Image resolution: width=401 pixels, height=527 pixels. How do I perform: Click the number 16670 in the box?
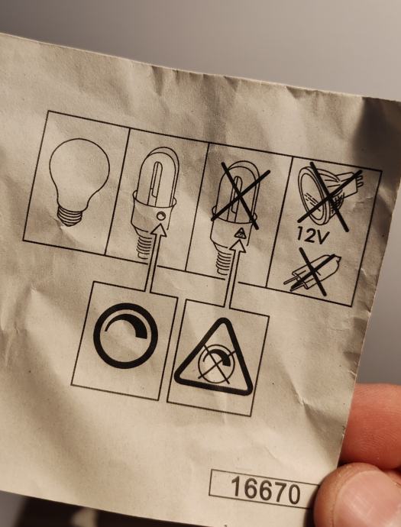(x=266, y=491)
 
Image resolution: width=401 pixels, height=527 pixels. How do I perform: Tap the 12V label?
(x=312, y=235)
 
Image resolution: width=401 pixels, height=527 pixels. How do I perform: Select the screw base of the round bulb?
(x=70, y=216)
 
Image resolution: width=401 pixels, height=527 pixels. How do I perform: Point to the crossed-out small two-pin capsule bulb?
(x=312, y=272)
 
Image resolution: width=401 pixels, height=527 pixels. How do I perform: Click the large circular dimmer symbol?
(x=125, y=335)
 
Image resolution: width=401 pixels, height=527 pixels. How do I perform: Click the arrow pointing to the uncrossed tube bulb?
(x=154, y=257)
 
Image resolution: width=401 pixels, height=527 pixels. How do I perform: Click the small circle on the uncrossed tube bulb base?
(x=161, y=216)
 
